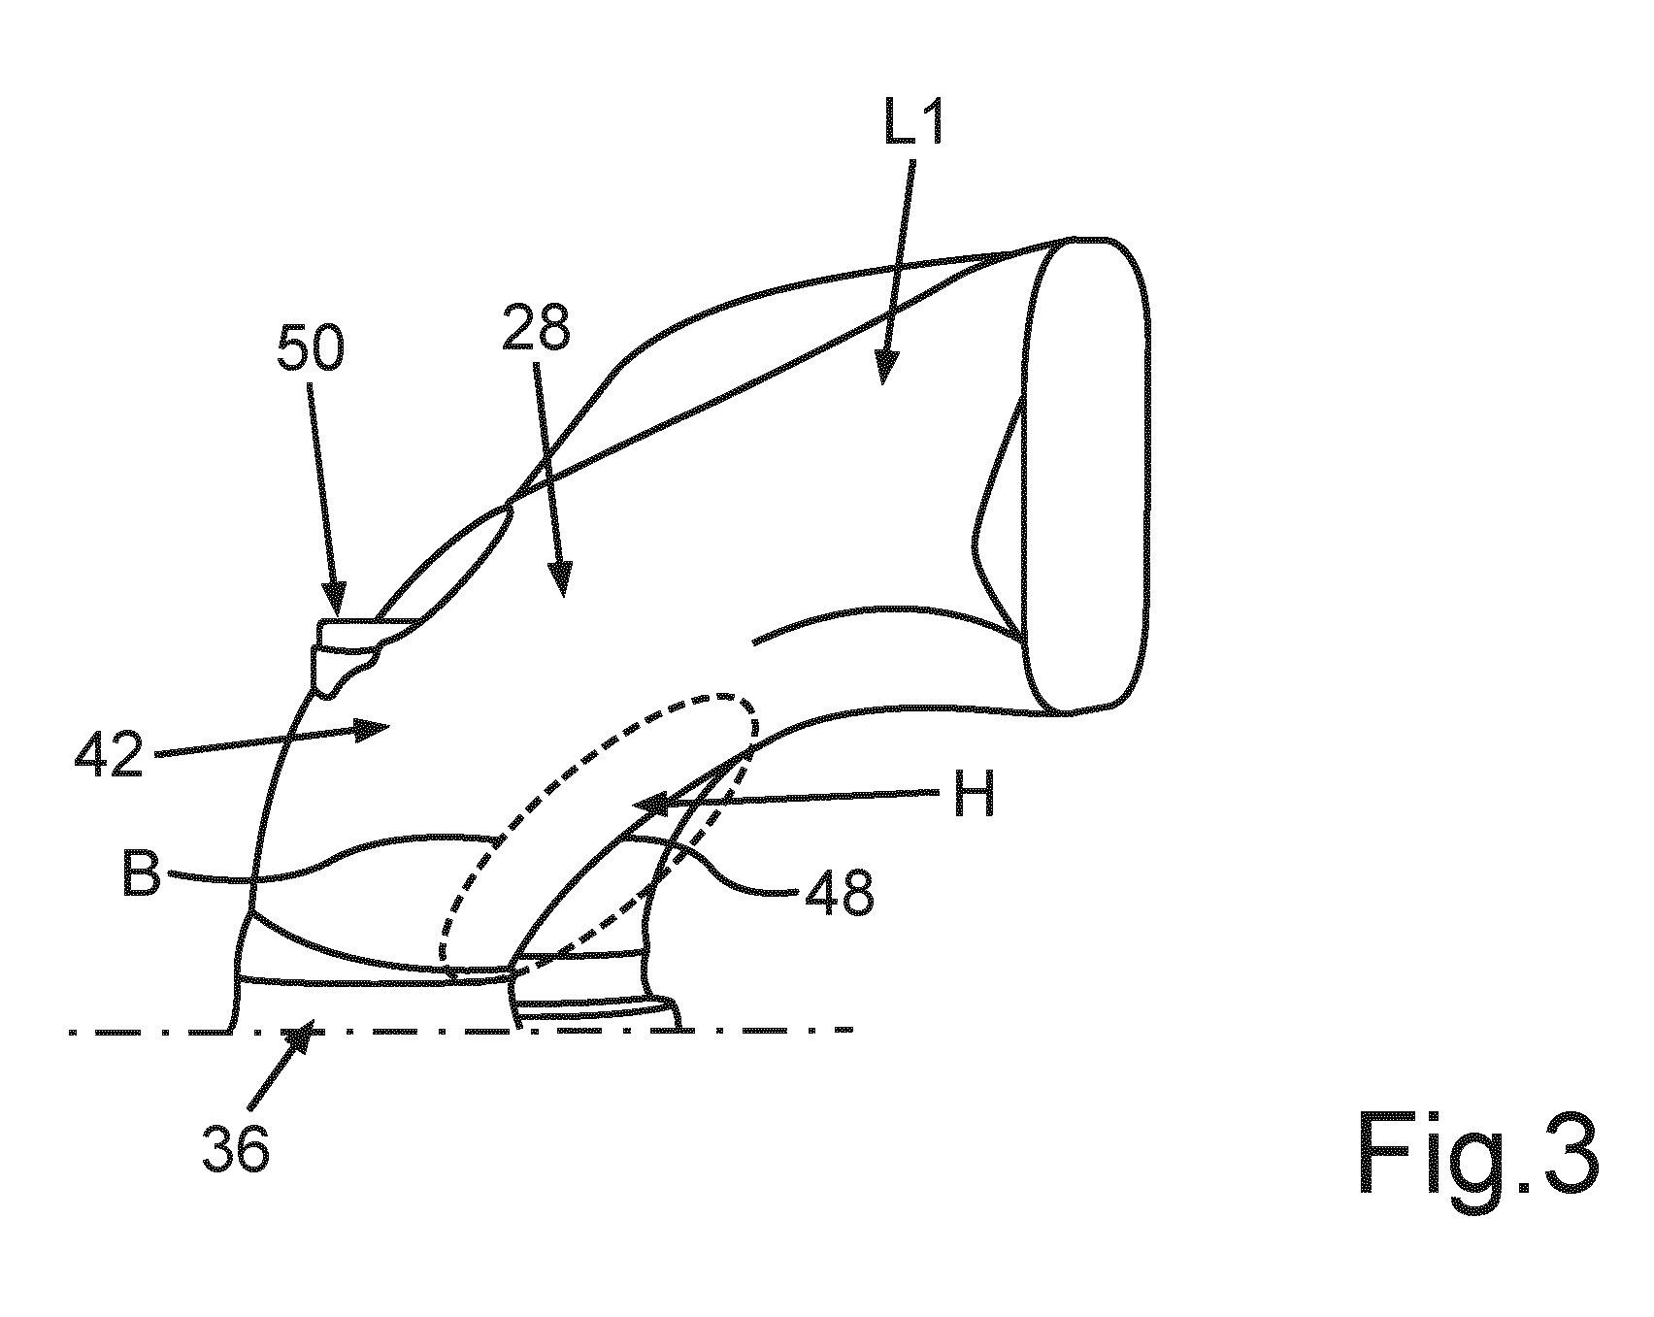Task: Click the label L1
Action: [x=913, y=116]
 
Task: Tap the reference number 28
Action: [x=535, y=331]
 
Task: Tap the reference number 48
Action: [x=839, y=893]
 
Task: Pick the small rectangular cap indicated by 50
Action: [x=348, y=633]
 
